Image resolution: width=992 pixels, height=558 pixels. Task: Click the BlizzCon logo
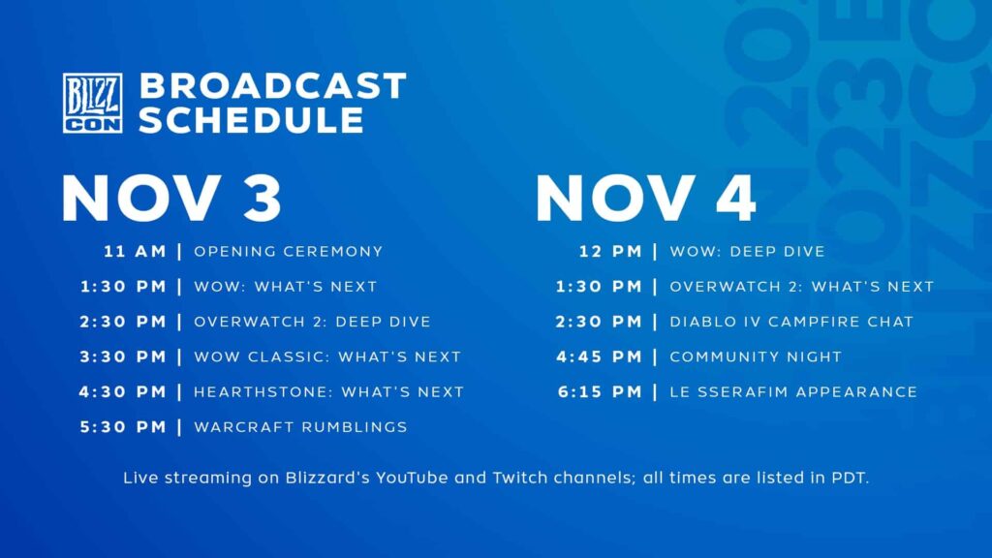92,103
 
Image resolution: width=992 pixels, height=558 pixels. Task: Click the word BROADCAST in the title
272,85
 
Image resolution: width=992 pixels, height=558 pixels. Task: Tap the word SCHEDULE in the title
252,120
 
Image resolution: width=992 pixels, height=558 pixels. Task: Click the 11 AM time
136,252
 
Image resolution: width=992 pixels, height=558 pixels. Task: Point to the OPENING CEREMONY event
289,252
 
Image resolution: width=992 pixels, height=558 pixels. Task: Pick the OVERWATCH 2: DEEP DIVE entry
312,322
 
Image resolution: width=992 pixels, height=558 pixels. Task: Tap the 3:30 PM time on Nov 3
124,356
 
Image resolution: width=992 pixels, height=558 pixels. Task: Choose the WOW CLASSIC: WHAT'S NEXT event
327,356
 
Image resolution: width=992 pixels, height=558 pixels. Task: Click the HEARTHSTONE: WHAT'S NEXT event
328,392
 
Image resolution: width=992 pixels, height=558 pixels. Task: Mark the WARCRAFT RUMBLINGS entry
300,427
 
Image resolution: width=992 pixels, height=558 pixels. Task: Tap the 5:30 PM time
124,427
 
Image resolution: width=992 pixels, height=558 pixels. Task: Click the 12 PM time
610,252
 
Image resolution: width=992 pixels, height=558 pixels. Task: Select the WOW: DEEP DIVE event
747,252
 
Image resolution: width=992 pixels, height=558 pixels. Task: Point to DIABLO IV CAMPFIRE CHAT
791,322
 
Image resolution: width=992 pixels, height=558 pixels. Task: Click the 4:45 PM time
599,356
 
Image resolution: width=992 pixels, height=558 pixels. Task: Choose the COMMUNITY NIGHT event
756,356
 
